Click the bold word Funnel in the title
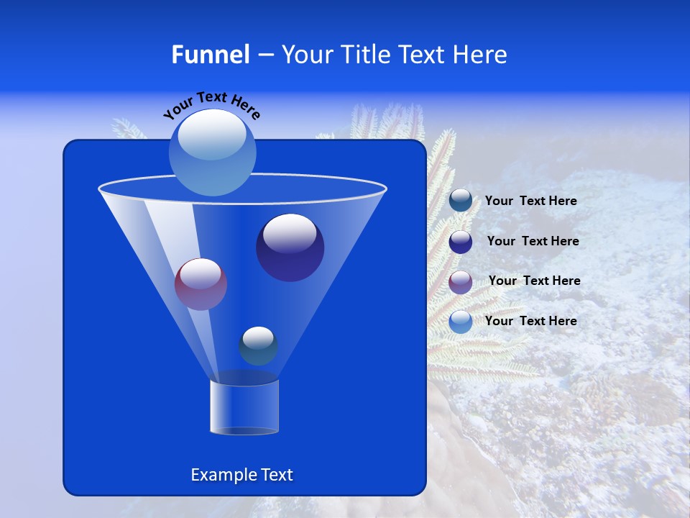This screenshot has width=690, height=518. tap(211, 55)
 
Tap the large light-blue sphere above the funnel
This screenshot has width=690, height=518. tap(213, 152)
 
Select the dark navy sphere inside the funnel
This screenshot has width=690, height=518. tap(290, 248)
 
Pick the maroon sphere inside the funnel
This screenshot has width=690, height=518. tap(201, 284)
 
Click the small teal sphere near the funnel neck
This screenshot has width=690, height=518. tap(258, 345)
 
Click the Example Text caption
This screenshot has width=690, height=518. tap(242, 475)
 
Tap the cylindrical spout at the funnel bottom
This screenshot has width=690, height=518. tap(244, 407)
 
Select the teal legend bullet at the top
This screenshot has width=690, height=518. tap(461, 201)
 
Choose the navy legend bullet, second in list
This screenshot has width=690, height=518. tap(461, 242)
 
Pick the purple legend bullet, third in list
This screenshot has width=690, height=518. tap(461, 281)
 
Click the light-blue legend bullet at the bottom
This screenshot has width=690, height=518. tap(461, 322)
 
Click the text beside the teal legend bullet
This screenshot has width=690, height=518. tap(530, 201)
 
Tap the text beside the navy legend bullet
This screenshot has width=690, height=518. tap(533, 242)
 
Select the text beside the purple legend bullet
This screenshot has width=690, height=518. tap(534, 281)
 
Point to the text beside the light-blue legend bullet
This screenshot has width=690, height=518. tap(530, 322)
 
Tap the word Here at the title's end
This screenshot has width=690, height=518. tap(481, 55)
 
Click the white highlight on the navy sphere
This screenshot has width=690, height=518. tap(290, 233)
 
